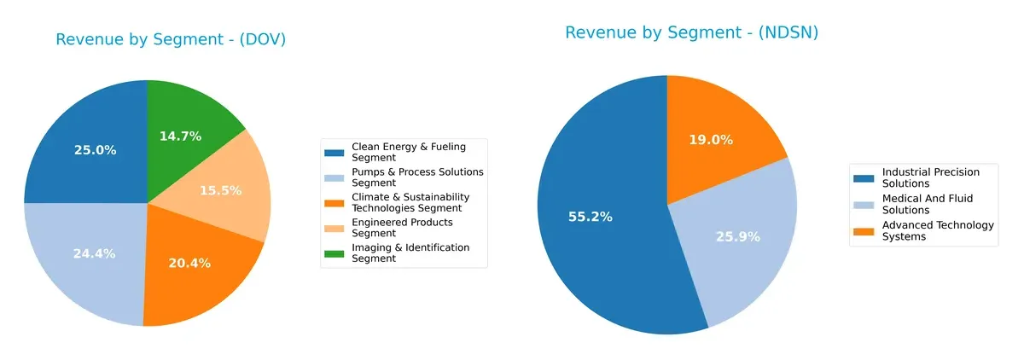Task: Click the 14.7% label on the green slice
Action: click(182, 136)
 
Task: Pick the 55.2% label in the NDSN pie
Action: click(590, 217)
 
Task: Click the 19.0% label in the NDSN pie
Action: click(711, 140)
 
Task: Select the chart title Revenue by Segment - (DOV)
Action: click(171, 39)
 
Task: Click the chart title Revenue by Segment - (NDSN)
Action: click(691, 32)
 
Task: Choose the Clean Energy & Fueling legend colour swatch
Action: click(334, 153)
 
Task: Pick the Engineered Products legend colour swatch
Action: click(334, 228)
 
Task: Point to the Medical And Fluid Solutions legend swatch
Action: click(864, 204)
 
